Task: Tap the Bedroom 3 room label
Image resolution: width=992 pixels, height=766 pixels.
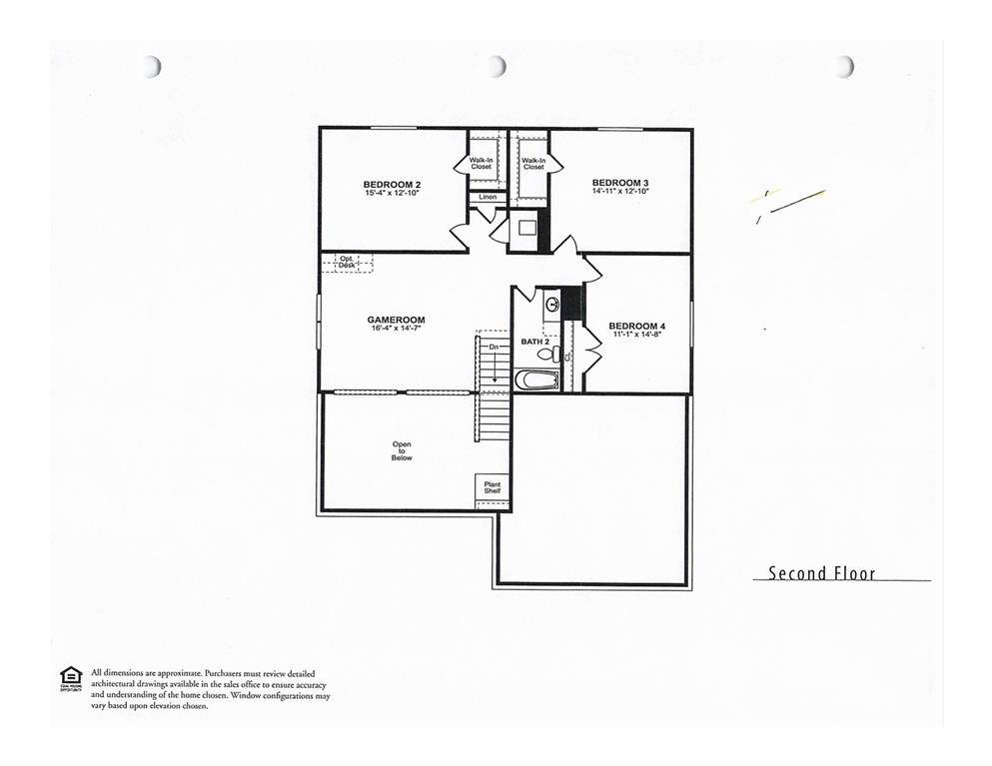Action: point(620,182)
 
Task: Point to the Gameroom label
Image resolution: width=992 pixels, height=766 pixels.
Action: point(389,320)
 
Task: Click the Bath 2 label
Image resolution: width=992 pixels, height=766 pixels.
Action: point(534,342)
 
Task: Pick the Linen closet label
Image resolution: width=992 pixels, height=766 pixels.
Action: point(488,197)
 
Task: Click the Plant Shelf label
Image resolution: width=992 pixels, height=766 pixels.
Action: point(493,487)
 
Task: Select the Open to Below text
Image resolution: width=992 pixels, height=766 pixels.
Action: point(402,451)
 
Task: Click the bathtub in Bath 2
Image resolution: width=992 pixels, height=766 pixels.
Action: point(536,380)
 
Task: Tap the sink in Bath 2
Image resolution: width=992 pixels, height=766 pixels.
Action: point(552,305)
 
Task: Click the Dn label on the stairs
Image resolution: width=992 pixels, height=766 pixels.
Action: point(494,347)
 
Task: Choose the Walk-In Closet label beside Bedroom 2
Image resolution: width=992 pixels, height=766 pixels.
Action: point(482,163)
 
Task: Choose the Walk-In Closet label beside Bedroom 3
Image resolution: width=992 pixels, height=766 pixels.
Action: point(533,163)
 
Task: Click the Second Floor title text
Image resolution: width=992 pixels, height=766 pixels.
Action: point(821,573)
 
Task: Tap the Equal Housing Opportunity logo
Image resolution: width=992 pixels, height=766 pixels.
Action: point(70,676)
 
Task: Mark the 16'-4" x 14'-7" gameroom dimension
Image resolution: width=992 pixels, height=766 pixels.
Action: point(389,329)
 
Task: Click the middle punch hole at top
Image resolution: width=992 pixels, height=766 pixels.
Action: point(496,66)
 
